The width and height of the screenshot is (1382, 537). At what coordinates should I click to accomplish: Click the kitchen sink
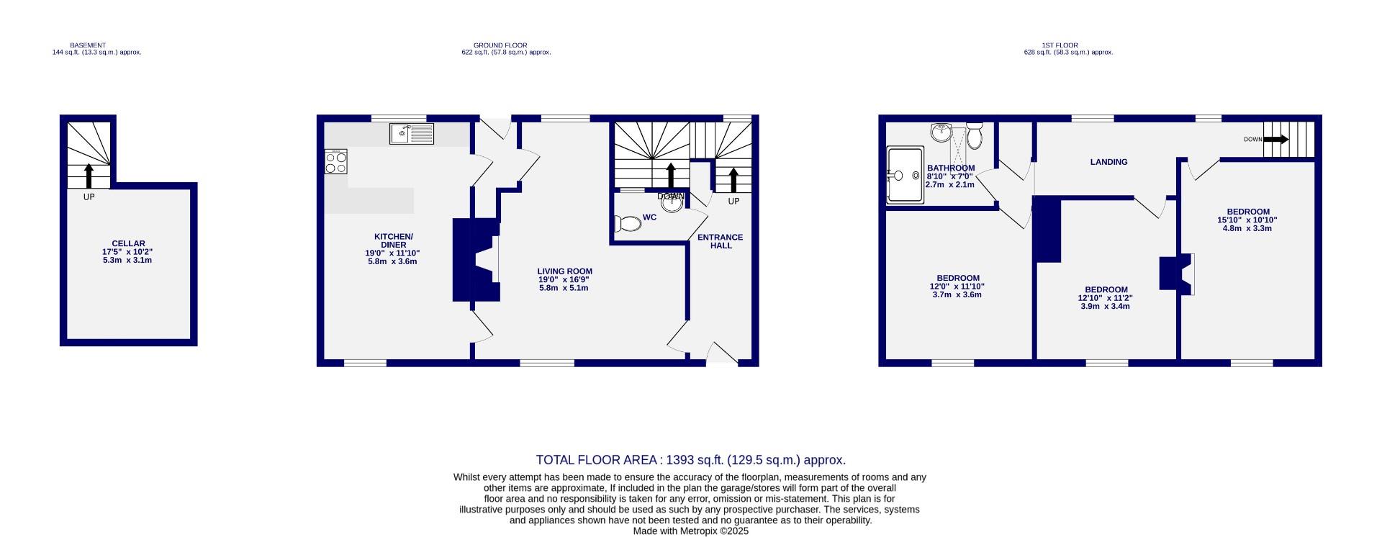(412, 133)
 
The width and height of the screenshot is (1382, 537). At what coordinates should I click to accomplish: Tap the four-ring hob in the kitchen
(335, 161)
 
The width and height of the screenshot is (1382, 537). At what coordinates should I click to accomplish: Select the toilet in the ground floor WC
(628, 224)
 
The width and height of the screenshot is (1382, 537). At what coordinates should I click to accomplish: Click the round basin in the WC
(672, 203)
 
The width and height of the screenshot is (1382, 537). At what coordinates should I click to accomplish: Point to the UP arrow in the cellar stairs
(89, 176)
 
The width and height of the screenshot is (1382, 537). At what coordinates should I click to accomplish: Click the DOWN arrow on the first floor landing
(1275, 139)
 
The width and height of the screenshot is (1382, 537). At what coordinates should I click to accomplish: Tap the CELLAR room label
(128, 244)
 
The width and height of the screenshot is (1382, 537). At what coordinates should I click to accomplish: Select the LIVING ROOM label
(564, 271)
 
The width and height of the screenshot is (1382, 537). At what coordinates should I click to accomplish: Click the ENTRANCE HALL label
(721, 241)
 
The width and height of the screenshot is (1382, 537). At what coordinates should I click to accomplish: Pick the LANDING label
(1108, 162)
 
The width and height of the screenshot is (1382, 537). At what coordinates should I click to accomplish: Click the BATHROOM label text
(950, 168)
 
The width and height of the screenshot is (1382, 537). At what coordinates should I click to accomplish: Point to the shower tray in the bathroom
(905, 175)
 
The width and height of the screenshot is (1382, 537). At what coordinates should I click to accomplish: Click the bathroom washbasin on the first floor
(940, 132)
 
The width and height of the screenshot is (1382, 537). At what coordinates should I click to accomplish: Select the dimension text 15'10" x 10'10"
(1247, 220)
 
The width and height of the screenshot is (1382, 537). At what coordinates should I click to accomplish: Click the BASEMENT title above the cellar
(88, 45)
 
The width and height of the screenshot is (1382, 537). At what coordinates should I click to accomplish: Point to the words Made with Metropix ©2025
(690, 531)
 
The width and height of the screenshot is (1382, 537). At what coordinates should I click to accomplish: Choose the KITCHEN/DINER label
(393, 240)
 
